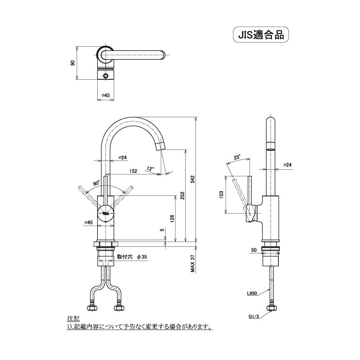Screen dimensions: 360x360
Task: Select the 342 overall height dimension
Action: coord(192,179)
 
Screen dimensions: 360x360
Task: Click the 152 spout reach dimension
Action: coord(133,171)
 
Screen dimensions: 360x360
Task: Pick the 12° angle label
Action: coord(149,168)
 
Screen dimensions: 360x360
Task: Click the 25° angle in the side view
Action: coord(237,157)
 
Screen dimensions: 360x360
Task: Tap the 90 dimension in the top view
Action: coord(73,63)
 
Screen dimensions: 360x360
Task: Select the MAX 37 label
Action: coord(192,265)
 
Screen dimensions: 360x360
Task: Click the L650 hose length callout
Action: coord(252,294)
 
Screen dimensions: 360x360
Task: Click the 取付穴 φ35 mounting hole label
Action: coord(132,256)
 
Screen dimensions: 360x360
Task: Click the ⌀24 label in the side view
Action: coord(287,165)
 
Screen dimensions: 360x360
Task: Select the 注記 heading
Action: coord(72,319)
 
